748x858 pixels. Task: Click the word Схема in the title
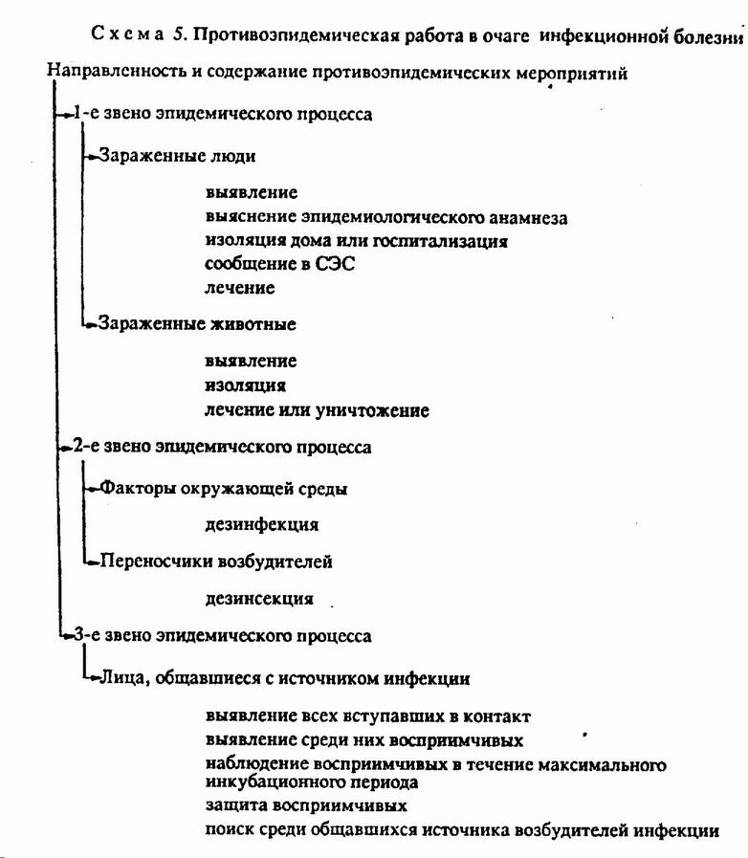tap(127, 33)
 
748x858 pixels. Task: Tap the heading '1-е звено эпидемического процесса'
tap(223, 114)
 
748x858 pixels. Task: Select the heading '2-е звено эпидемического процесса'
tap(222, 447)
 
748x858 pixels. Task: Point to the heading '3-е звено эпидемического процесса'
tap(223, 636)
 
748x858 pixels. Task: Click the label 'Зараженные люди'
tap(177, 156)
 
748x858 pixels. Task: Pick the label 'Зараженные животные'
tap(197, 323)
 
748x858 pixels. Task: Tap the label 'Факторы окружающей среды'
tap(223, 488)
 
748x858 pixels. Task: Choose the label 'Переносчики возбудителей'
tap(216, 561)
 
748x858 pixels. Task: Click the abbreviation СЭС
tap(335, 264)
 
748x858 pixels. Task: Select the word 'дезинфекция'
tap(261, 525)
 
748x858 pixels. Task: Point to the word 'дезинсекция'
tap(259, 599)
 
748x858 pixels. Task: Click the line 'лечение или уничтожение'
tap(317, 409)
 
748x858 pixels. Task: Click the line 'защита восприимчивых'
tap(306, 805)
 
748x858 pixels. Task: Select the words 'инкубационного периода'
tap(312, 781)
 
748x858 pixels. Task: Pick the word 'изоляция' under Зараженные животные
tap(245, 385)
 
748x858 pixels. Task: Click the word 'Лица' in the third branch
tap(122, 678)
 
